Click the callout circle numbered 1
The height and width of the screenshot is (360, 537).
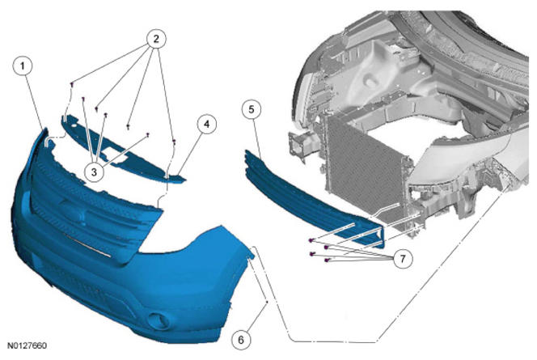click(x=23, y=66)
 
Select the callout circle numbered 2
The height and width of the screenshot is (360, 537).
click(x=156, y=39)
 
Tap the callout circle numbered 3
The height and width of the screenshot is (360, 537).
click(x=94, y=172)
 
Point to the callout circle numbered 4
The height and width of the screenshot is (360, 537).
click(x=206, y=125)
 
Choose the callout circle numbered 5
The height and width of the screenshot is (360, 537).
click(x=252, y=109)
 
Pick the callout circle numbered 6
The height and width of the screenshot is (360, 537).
click(x=241, y=340)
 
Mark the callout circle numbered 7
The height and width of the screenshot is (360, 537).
click(x=403, y=259)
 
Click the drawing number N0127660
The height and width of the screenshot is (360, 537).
click(x=27, y=345)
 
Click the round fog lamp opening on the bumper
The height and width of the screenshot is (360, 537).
click(x=158, y=320)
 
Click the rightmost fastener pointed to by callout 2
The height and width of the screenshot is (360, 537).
click(x=175, y=142)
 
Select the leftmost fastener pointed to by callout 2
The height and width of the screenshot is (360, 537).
click(x=72, y=84)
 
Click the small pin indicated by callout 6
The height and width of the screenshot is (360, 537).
click(x=267, y=302)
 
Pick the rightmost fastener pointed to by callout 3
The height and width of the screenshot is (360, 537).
click(x=148, y=134)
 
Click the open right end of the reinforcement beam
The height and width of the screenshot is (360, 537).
click(x=382, y=237)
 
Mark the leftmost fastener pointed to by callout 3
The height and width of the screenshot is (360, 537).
click(x=83, y=99)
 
